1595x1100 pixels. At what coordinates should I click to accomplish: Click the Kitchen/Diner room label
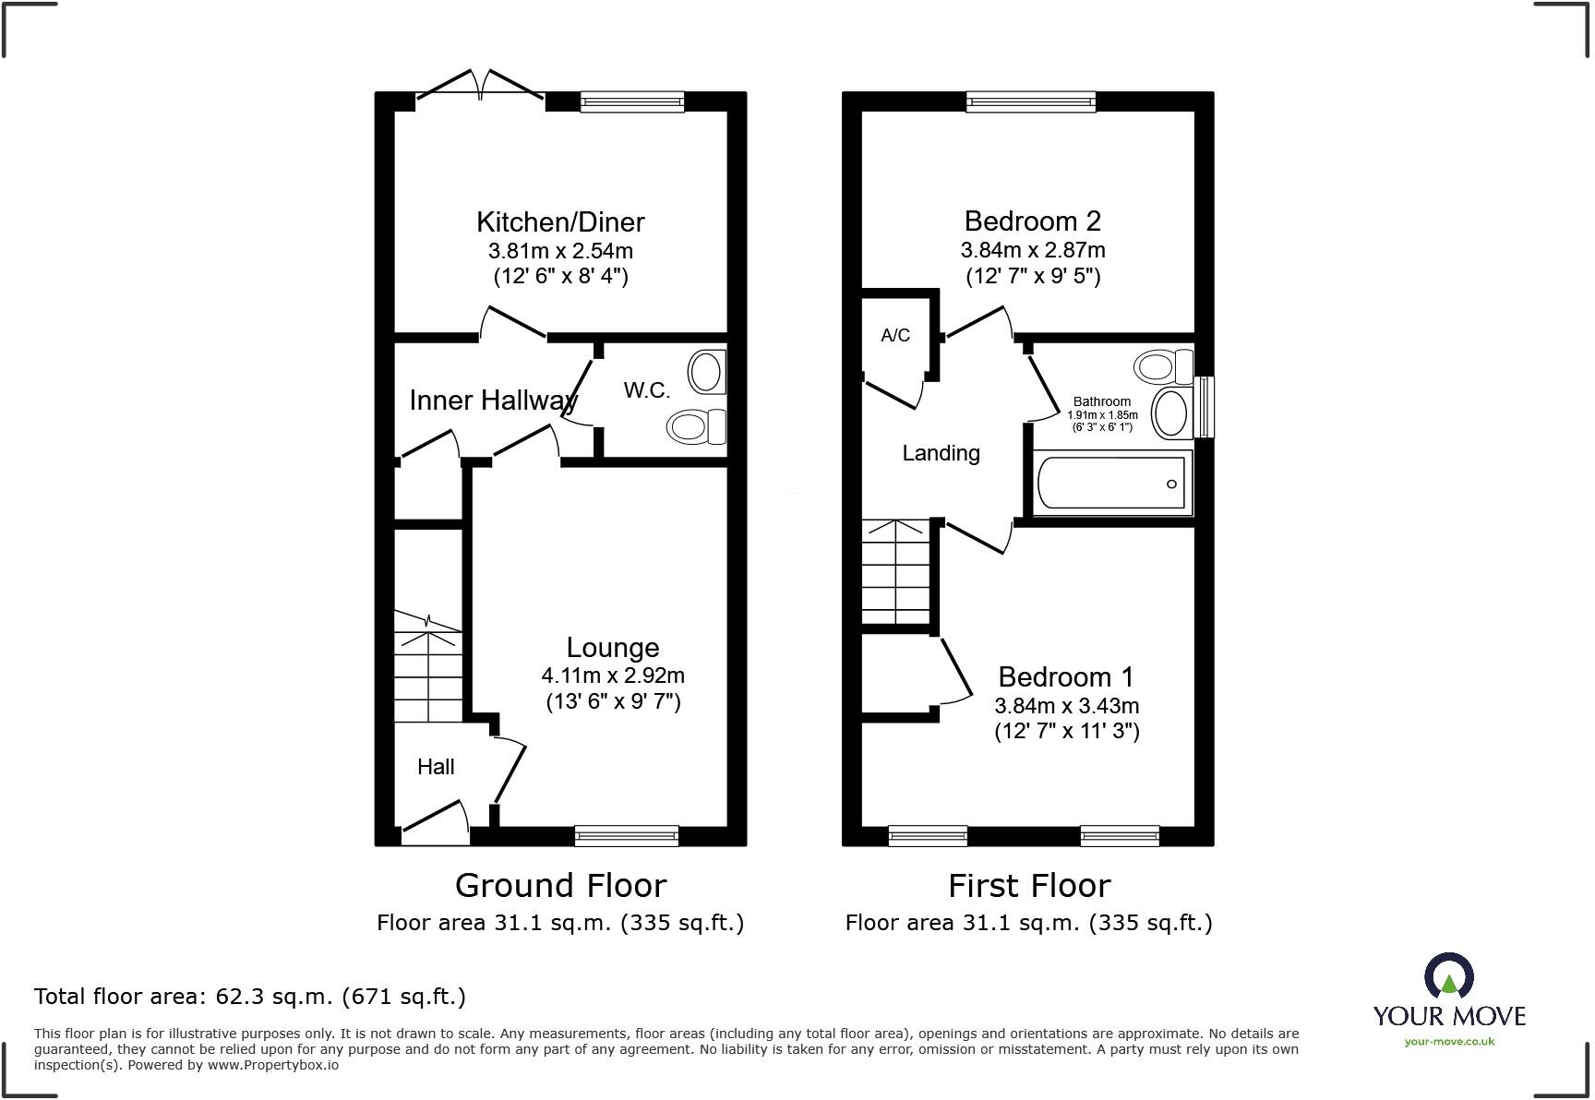560,222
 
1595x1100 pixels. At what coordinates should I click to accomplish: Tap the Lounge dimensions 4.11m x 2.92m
613,676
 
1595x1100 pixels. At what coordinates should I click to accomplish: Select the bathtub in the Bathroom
1112,484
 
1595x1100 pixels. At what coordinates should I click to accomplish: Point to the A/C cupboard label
895,336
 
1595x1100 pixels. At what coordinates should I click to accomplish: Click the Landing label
941,453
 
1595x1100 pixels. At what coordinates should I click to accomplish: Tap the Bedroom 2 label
1032,221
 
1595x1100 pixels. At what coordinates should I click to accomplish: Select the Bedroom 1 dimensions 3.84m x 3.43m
1066,706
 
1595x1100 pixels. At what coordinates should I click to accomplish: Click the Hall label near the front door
436,767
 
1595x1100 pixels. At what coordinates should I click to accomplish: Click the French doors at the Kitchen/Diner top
480,85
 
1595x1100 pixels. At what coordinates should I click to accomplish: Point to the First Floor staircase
895,572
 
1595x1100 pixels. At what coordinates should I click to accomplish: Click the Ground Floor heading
560,886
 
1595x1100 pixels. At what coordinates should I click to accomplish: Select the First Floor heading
1029,886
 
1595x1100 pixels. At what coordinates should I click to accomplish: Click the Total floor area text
250,997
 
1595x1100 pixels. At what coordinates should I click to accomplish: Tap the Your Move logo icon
1449,976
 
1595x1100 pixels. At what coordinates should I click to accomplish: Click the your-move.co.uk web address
1449,1042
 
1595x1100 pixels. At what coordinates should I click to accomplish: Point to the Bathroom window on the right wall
1205,407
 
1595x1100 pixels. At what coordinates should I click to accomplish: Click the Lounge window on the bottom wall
627,836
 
